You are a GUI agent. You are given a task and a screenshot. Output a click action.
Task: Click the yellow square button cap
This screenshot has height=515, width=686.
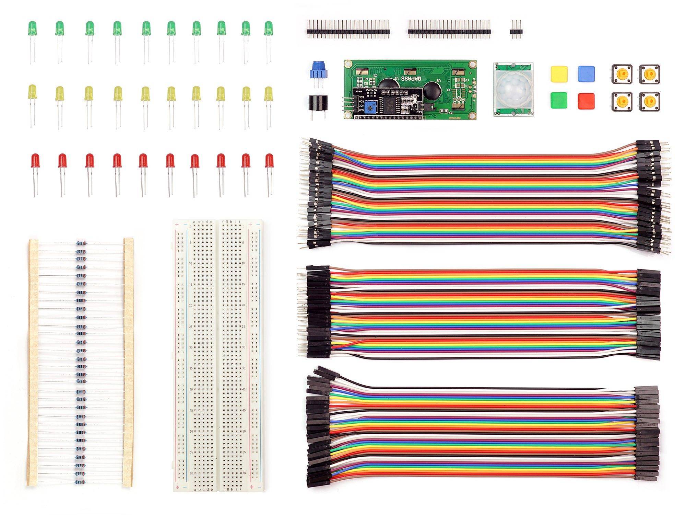pos(559,73)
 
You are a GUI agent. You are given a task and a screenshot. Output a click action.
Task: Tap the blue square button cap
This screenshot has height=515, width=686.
pos(586,73)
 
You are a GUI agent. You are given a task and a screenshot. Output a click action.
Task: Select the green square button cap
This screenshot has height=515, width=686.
pos(559,100)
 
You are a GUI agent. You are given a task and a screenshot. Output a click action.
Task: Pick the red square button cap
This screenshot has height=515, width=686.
pos(586,101)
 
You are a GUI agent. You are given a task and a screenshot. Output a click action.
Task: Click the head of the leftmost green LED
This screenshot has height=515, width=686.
pos(32,28)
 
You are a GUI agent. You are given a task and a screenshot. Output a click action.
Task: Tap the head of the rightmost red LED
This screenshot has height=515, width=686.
pos(269,160)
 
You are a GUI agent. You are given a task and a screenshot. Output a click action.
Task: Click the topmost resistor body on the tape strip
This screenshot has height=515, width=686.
pos(80,243)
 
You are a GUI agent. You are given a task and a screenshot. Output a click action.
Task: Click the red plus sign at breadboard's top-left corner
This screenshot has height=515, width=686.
pos(177,225)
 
